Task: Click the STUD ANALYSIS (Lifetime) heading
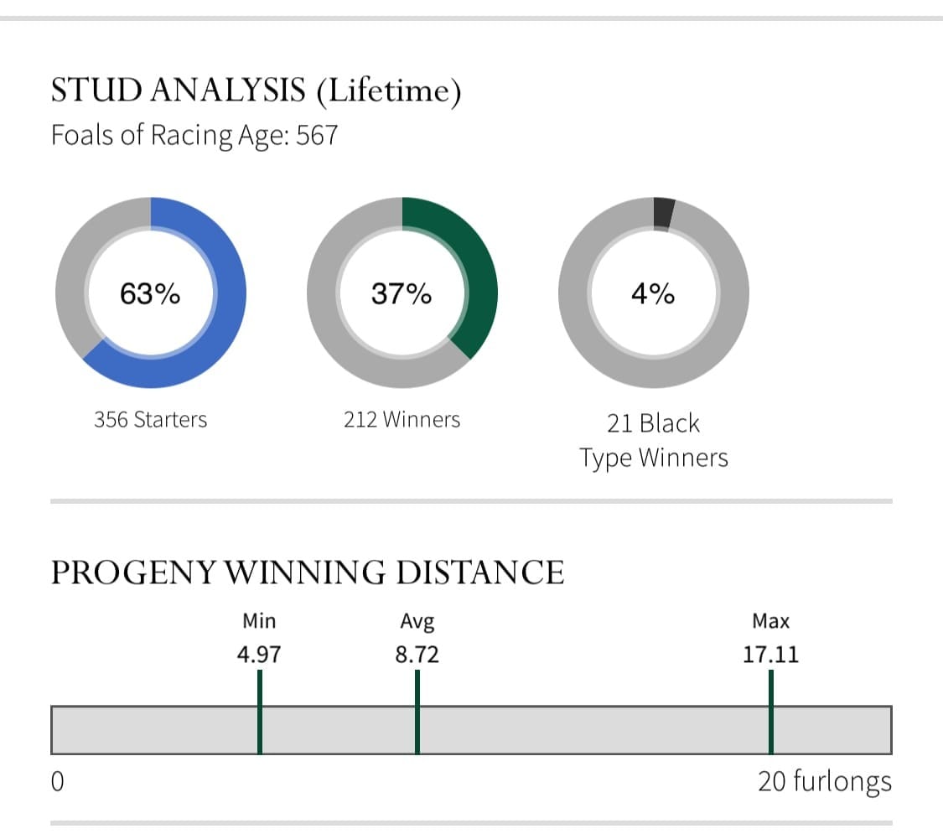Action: click(256, 91)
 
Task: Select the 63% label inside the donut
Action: click(150, 294)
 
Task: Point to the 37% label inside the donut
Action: click(402, 294)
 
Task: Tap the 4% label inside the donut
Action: click(653, 294)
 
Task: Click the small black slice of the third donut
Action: click(663, 213)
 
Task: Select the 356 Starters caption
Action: click(150, 419)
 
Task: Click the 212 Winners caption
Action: click(402, 419)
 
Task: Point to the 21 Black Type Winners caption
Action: click(653, 441)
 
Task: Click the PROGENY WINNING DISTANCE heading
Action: click(307, 572)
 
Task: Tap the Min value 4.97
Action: click(259, 654)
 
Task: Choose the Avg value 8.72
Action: click(417, 654)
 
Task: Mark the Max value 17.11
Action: click(770, 654)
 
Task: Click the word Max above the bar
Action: click(770, 622)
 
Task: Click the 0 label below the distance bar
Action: click(58, 782)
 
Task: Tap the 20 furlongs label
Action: click(824, 782)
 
